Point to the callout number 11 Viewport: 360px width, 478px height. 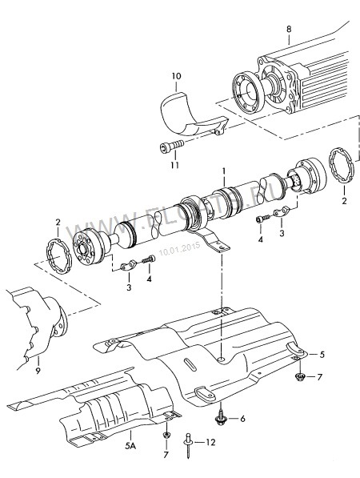174,166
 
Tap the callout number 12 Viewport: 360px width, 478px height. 210,441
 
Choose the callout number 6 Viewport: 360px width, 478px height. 243,417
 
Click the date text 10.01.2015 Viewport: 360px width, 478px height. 178,249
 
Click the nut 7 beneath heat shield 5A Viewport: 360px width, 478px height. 166,436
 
